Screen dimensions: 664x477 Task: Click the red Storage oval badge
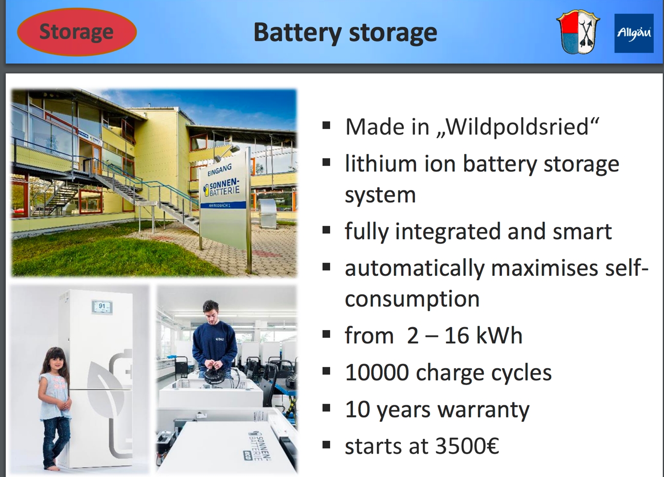(77, 32)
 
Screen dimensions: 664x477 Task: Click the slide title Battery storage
(345, 33)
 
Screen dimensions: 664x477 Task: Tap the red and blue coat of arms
(578, 32)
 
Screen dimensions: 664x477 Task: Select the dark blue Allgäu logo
(634, 33)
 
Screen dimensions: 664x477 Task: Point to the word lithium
(381, 164)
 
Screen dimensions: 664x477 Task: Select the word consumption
(412, 299)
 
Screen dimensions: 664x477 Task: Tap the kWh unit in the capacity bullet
(498, 335)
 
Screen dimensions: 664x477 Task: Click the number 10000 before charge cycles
(377, 373)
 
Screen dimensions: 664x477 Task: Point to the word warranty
(483, 410)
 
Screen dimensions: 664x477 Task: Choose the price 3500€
(467, 446)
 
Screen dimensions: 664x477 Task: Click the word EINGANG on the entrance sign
(220, 170)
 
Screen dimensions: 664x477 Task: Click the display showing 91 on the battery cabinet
(102, 307)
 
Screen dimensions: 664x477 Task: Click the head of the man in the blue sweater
(211, 312)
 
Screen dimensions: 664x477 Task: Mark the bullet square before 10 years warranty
(326, 408)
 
